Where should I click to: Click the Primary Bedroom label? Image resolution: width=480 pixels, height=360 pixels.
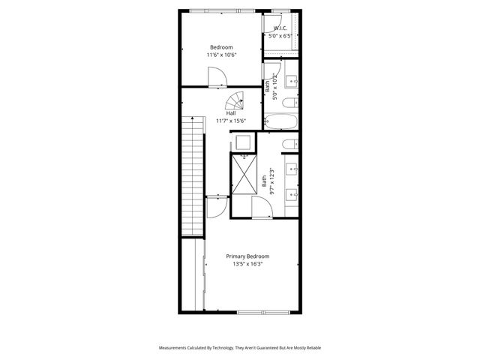tap(247, 256)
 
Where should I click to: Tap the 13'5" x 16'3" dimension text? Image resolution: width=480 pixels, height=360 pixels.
tap(247, 264)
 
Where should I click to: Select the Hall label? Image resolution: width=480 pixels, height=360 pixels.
tap(220, 113)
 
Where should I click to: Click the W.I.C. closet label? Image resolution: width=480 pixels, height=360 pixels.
tap(280, 28)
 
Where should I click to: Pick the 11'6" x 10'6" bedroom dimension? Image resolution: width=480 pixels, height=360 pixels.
tap(221, 55)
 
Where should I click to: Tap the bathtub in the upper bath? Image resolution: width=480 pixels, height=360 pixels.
tap(281, 121)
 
